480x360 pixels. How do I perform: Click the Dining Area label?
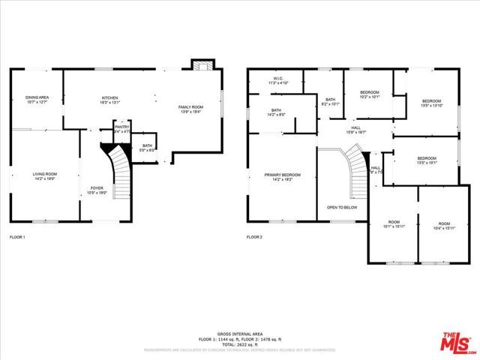point(37,99)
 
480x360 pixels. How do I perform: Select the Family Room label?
point(190,109)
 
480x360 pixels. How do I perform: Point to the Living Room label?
point(44,176)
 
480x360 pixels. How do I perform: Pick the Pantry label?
point(121,129)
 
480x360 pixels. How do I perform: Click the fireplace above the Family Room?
point(201,65)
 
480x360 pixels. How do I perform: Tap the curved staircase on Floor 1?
point(118,165)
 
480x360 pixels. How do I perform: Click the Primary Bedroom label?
point(282,176)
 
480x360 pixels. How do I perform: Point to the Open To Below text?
point(341,207)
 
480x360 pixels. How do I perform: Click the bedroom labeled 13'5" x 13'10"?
point(430,103)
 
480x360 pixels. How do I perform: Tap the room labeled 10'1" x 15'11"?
point(393,225)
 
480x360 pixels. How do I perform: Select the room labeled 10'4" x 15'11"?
point(444,225)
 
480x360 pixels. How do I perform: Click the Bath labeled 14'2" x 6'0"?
point(276,112)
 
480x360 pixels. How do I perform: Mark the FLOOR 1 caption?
point(16,237)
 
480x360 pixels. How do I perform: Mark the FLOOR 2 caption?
point(254,237)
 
